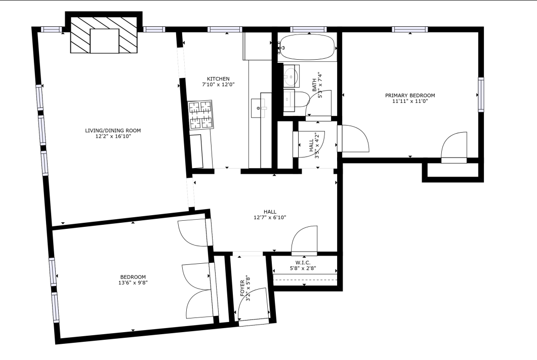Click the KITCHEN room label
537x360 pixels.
(x=218, y=78)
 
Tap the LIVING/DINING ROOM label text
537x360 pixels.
(x=113, y=131)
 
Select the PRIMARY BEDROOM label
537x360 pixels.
(x=409, y=95)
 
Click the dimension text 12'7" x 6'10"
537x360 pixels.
(x=270, y=218)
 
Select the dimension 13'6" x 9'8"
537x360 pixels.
(x=133, y=283)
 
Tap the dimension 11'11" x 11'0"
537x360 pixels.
(x=409, y=101)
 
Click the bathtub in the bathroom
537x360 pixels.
(x=307, y=48)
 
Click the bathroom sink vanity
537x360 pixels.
(x=291, y=76)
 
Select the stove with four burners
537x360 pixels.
(x=200, y=115)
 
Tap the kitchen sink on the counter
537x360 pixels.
(x=262, y=107)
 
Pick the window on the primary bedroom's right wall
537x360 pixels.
(x=480, y=94)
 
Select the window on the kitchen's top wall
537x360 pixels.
(x=225, y=29)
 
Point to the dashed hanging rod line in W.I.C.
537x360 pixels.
(x=305, y=279)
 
